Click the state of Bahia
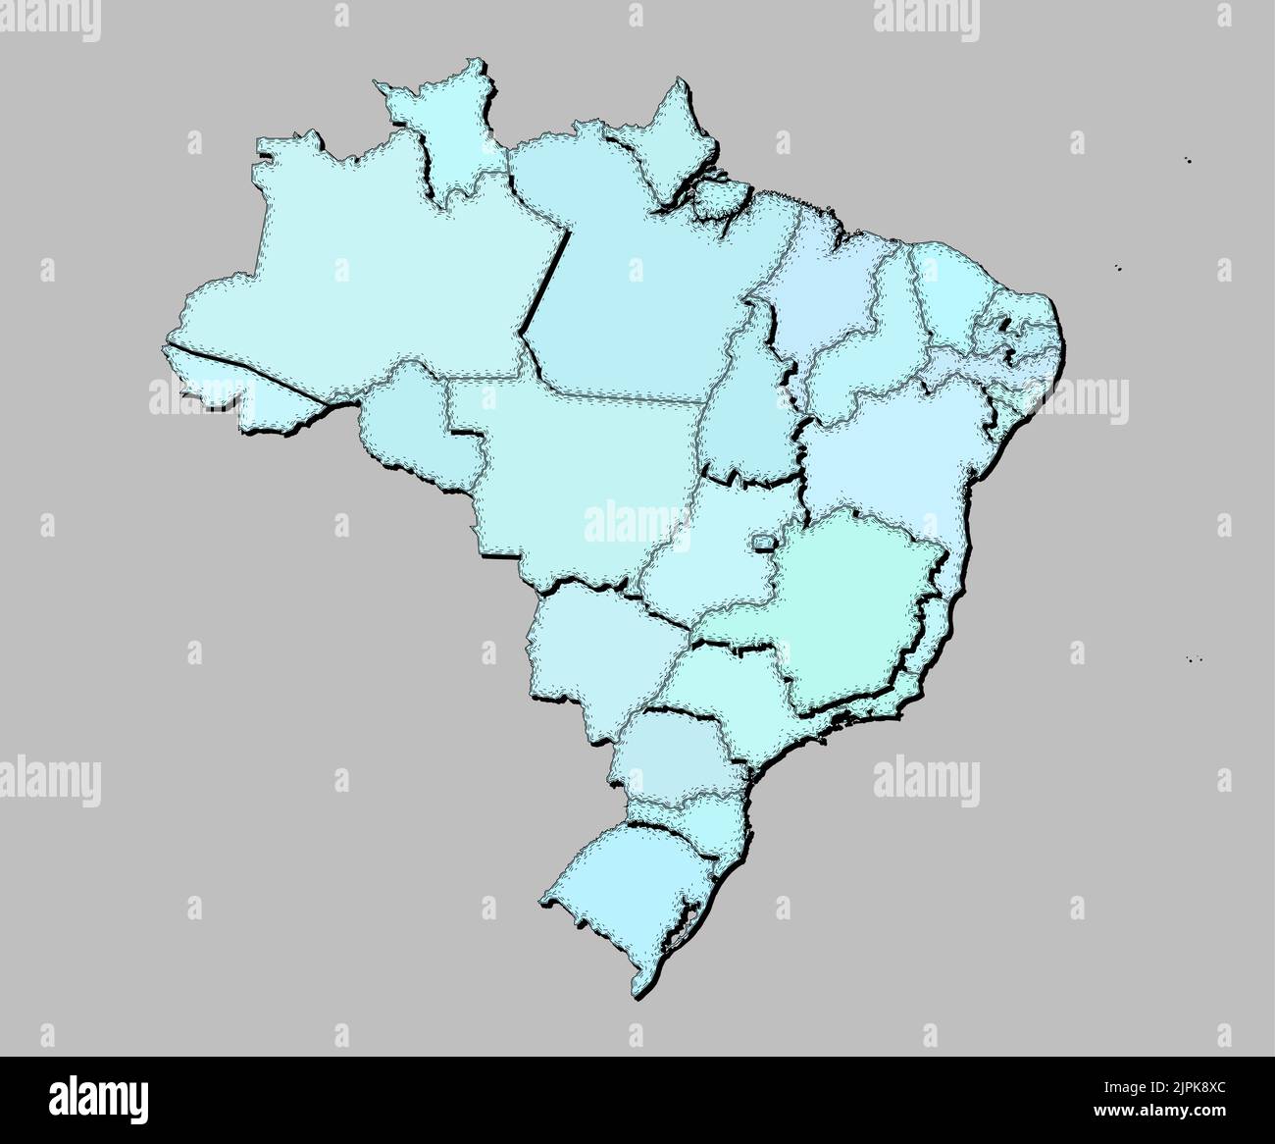click(x=892, y=451)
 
